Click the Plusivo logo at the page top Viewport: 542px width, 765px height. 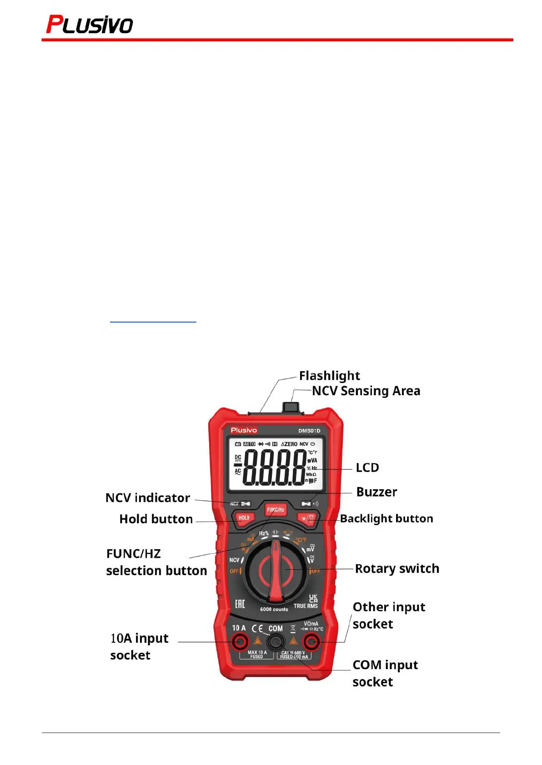click(90, 25)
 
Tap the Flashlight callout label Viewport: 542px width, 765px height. click(329, 376)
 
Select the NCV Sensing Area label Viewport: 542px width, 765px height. click(366, 391)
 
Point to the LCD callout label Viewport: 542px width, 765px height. click(367, 467)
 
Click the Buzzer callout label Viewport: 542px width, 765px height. click(376, 492)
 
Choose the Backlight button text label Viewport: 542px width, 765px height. click(386, 518)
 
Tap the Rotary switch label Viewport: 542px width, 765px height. click(397, 568)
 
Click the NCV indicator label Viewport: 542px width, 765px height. click(147, 498)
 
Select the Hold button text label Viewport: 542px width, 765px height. click(156, 519)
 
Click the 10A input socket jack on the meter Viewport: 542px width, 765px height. click(239, 642)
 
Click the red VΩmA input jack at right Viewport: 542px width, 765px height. click(311, 642)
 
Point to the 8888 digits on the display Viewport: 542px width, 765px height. click(275, 467)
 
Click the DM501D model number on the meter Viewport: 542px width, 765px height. click(309, 431)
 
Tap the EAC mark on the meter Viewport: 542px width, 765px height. click(240, 604)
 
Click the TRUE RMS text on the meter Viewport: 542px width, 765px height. click(306, 606)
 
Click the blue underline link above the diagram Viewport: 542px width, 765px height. click(153, 322)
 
